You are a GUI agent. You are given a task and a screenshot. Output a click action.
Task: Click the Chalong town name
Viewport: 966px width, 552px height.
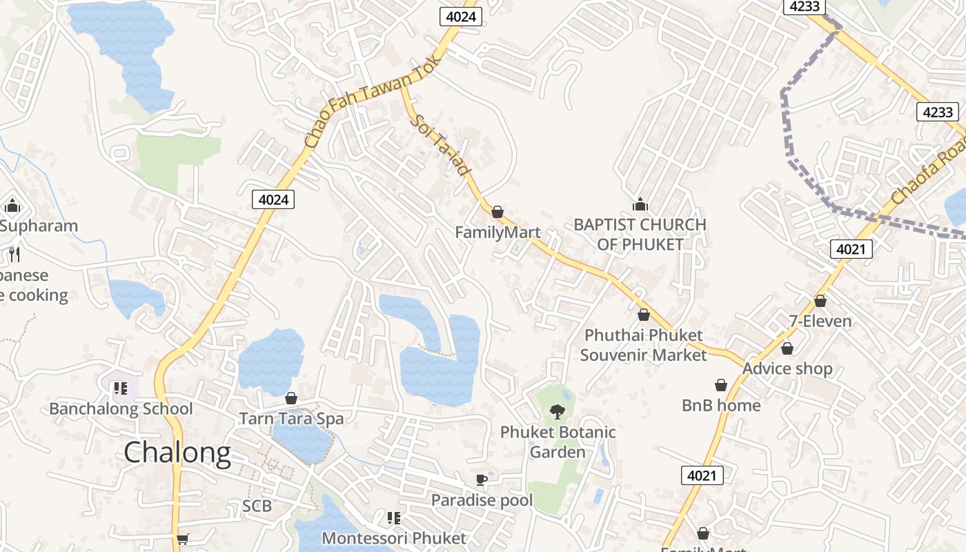177,453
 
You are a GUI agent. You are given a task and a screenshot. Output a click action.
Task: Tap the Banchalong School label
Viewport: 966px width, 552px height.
121,408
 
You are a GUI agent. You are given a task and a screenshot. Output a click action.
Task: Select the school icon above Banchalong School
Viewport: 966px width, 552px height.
121,388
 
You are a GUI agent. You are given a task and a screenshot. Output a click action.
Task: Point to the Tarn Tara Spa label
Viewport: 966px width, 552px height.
290,418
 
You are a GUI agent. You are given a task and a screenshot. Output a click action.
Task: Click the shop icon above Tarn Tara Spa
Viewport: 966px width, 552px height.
290,398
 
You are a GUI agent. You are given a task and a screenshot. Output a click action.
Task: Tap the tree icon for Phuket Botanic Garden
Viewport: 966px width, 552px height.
557,412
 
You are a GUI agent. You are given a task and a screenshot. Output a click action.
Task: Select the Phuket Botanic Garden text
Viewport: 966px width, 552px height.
558,442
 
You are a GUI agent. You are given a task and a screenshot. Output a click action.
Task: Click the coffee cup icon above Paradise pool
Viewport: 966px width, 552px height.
482,480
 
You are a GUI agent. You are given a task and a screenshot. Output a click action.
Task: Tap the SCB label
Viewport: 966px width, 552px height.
257,506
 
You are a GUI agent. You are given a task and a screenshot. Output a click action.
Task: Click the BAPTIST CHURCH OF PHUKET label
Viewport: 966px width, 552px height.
640,235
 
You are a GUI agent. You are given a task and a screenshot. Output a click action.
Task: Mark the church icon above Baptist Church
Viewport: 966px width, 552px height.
640,204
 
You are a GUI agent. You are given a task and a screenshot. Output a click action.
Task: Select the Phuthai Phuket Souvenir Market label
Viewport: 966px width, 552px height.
643,345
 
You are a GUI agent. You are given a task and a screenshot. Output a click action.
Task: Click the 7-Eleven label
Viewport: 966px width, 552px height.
820,321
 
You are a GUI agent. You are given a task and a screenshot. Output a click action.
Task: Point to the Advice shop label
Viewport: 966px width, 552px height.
787,368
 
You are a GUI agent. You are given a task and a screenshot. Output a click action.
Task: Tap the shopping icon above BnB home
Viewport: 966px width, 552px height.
721,385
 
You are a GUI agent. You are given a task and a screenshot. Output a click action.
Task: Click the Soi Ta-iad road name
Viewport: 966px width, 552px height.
442,145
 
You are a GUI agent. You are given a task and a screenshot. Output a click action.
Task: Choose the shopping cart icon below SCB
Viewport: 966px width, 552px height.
182,539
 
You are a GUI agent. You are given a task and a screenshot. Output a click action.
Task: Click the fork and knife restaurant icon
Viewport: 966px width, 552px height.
14,255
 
